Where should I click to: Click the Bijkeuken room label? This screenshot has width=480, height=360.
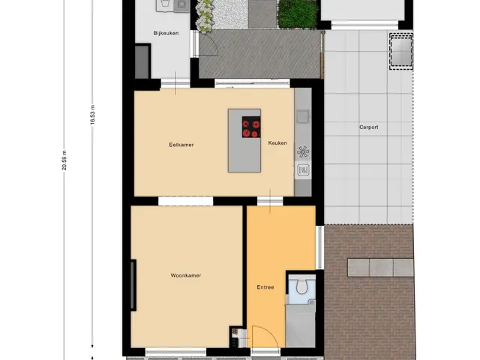coord(166,33)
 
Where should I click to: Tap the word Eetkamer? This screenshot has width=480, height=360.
coord(181,145)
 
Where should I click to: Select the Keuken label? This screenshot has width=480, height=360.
coord(277,143)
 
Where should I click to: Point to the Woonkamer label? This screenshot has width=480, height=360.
coord(186,275)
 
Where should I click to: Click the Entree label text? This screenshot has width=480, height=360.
coord(265,287)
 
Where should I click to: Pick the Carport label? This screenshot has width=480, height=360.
coord(368,127)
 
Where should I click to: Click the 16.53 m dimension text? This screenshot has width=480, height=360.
coord(92,115)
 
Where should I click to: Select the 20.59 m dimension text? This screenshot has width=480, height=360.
coord(64,160)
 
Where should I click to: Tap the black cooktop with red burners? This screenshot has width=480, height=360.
coord(251,127)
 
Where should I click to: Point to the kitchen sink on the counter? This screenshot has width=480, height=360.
coord(303,116)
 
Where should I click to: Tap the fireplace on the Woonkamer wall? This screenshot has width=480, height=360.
coord(133,285)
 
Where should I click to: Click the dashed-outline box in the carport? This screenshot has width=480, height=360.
coord(401,52)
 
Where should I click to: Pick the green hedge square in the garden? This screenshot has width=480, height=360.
coord(297,13)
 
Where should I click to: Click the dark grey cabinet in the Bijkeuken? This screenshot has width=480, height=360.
coord(142,61)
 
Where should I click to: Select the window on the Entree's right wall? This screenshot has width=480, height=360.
coord(319,247)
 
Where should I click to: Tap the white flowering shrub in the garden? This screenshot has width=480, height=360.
coord(205,16)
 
